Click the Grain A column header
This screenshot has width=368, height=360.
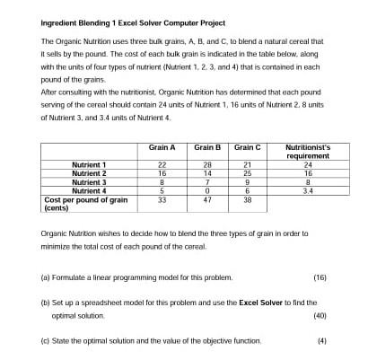click(x=162, y=146)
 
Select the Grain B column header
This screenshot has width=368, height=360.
click(x=207, y=146)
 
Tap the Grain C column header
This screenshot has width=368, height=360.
click(x=247, y=146)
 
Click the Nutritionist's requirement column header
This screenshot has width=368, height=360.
click(x=308, y=150)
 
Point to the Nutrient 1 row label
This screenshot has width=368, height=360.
click(x=89, y=165)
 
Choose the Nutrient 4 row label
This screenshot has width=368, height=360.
click(x=89, y=190)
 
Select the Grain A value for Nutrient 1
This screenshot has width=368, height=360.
click(x=162, y=165)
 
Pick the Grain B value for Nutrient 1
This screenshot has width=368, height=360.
click(x=207, y=165)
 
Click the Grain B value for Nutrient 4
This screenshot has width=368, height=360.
click(x=207, y=190)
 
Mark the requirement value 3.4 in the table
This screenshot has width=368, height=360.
click(x=308, y=190)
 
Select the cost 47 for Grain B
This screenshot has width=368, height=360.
click(x=207, y=199)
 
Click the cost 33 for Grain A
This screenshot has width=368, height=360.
click(x=162, y=199)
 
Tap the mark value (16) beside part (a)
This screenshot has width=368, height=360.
click(x=320, y=277)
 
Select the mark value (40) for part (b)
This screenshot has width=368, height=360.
click(x=320, y=316)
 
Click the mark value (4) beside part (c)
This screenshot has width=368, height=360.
click(x=321, y=341)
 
